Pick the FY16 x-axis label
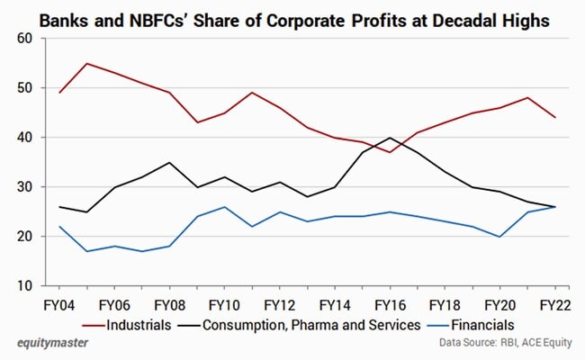click(x=388, y=304)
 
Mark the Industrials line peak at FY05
click(x=86, y=64)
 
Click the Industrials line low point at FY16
click(x=389, y=152)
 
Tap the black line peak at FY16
click(x=389, y=138)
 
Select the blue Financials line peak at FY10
click(x=225, y=207)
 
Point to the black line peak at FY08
click(x=169, y=163)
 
